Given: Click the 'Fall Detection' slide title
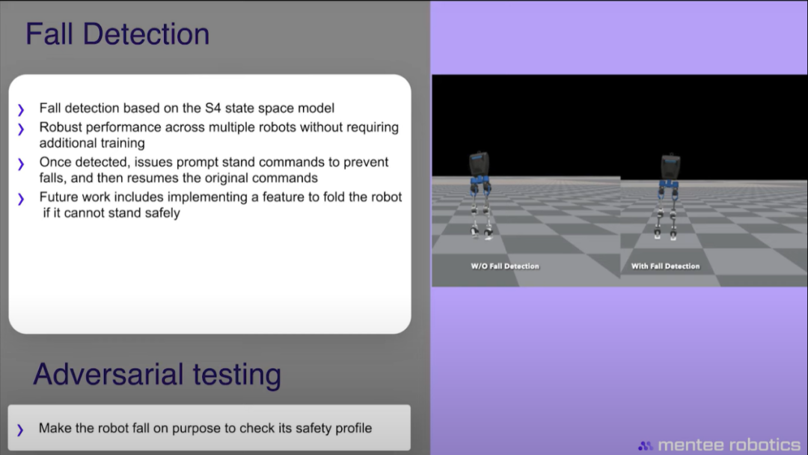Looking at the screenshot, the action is (117, 34).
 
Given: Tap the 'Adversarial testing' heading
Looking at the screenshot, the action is (157, 374).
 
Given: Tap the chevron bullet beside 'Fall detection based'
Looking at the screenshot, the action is (21, 110).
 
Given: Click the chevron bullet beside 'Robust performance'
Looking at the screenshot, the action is (21, 129).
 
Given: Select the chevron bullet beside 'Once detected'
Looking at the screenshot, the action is (21, 164).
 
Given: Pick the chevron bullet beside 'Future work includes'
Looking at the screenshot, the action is (21, 199).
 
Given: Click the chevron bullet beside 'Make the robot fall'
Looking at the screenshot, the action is (20, 430).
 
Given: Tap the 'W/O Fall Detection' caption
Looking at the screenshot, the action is (505, 266).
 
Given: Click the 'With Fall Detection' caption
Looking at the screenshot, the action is (665, 266).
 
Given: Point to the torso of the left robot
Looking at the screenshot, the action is (479, 165).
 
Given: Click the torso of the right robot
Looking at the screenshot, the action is (670, 167).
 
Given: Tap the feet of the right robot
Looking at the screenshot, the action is (665, 234).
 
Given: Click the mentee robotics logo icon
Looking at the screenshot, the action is (645, 446).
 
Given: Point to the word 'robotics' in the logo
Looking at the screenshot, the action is (765, 445).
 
